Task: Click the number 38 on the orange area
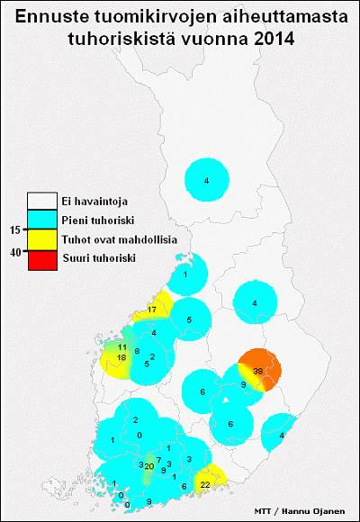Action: pos(257,371)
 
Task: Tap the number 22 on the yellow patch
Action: pos(205,485)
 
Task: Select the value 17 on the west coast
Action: pos(152,310)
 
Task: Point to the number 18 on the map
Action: pos(121,357)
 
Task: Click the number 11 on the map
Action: pos(122,347)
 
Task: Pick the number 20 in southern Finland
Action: pos(148,465)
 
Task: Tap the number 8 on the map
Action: pos(137,351)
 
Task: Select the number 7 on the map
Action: pos(158,460)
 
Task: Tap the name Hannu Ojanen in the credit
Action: pos(316,510)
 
